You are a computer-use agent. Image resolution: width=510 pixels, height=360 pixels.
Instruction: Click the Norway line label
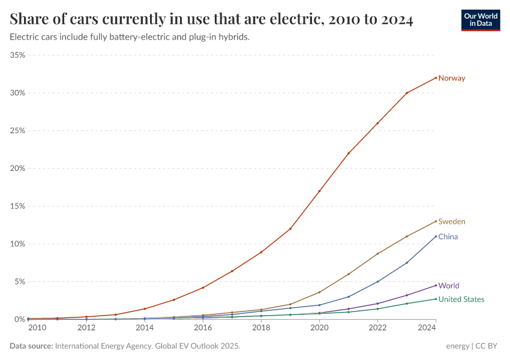point(451,78)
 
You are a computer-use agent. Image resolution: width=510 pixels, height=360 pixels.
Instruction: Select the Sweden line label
point(451,221)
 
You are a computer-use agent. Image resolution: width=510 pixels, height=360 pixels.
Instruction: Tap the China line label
point(448,236)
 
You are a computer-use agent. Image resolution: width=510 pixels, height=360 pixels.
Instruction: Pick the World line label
point(449,286)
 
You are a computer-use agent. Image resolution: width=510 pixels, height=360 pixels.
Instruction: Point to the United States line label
point(461,299)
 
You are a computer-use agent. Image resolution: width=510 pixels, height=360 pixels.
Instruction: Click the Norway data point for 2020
point(319,191)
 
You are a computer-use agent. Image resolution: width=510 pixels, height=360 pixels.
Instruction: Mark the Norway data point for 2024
point(436,77)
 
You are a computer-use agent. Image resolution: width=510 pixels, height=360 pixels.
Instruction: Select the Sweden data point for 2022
point(377,254)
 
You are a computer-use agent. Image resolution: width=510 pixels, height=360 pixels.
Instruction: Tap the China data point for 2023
point(407,263)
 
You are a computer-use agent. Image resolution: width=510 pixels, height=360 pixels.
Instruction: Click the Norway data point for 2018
point(261,252)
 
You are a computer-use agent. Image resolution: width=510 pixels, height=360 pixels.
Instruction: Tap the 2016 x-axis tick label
point(203,328)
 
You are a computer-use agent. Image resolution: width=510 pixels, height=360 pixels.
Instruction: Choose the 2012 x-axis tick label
point(86,328)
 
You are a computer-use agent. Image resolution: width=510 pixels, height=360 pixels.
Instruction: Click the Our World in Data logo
point(480,20)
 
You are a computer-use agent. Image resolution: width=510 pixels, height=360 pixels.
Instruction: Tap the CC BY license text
point(488,346)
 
